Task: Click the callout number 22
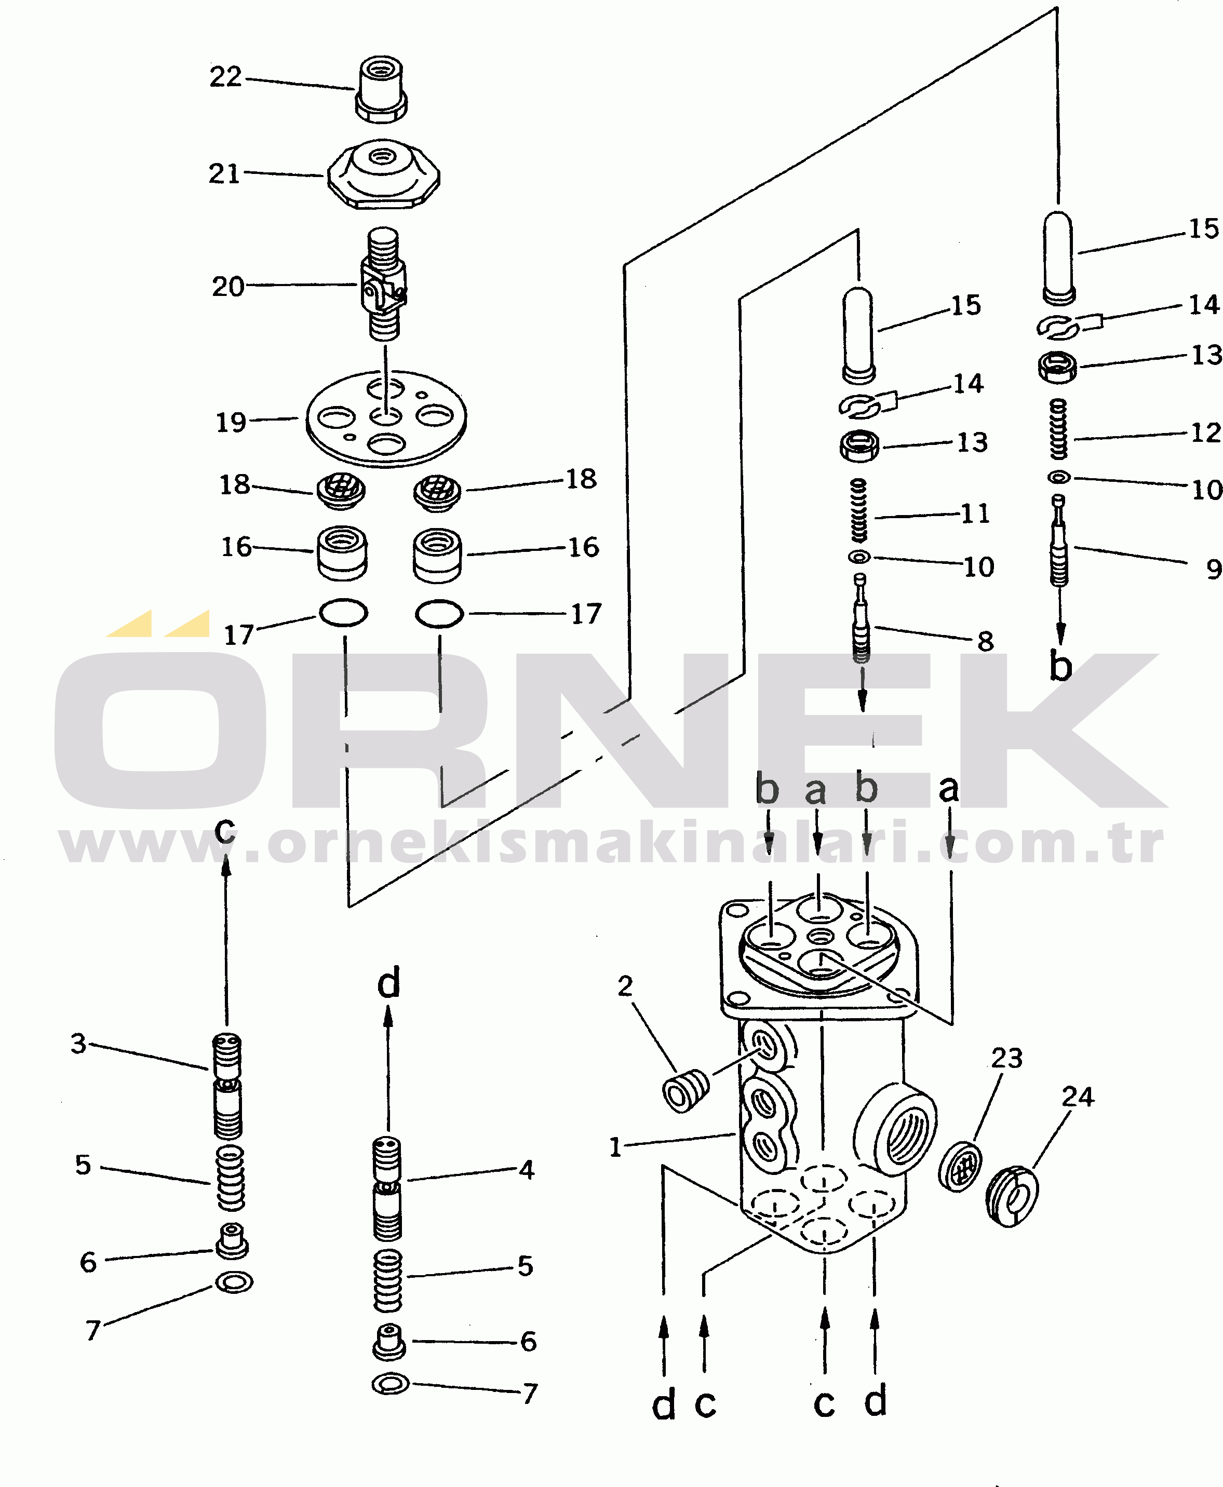click(x=225, y=77)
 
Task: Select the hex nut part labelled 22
click(x=381, y=89)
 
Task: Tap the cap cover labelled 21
click(x=383, y=173)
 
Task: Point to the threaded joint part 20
click(x=384, y=284)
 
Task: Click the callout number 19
click(x=231, y=423)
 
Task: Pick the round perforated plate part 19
click(x=386, y=419)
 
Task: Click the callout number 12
click(x=1205, y=432)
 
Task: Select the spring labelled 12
click(x=1058, y=429)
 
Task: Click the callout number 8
click(x=986, y=641)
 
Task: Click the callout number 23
click(x=1007, y=1058)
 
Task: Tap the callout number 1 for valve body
click(x=615, y=1147)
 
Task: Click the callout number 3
click(x=78, y=1043)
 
